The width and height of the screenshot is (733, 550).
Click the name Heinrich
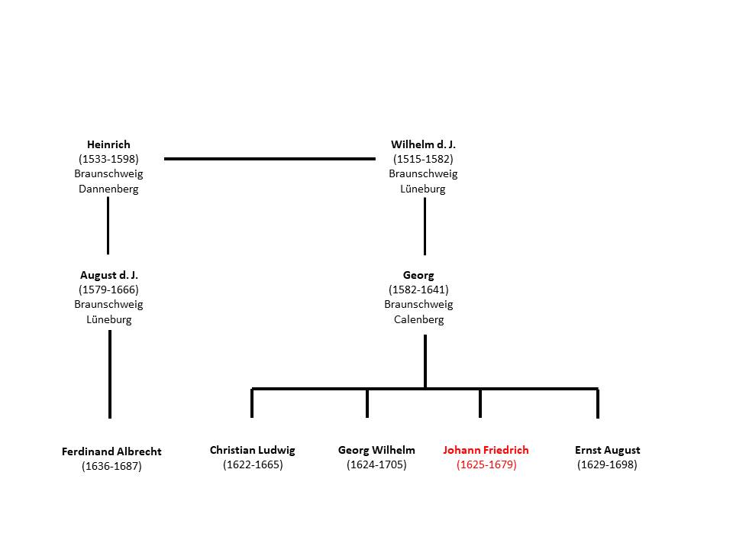[108, 144]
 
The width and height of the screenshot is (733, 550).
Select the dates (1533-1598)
[108, 159]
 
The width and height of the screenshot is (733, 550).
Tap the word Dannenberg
[108, 189]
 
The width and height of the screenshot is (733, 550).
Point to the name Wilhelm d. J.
[423, 144]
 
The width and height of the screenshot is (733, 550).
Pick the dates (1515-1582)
[423, 159]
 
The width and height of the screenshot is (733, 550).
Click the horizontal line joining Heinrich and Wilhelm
[270, 159]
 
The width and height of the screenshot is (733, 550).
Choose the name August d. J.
[109, 275]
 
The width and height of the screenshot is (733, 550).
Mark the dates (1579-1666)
[108, 290]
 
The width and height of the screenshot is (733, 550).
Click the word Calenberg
[419, 319]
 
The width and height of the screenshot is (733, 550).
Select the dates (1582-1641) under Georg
[418, 290]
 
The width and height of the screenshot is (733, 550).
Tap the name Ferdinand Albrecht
[111, 451]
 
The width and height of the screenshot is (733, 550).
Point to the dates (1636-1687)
[111, 466]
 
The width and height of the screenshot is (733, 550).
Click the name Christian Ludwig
[253, 450]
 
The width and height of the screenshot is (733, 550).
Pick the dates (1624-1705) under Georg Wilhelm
[376, 464]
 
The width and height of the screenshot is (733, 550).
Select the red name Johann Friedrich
[486, 450]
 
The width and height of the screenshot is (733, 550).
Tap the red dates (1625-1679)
[486, 464]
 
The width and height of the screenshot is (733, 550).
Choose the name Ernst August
[607, 450]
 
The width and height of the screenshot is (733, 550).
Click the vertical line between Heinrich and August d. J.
[108, 225]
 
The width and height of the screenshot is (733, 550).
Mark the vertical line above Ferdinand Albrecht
[110, 374]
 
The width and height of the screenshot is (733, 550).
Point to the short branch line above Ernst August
[598, 403]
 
